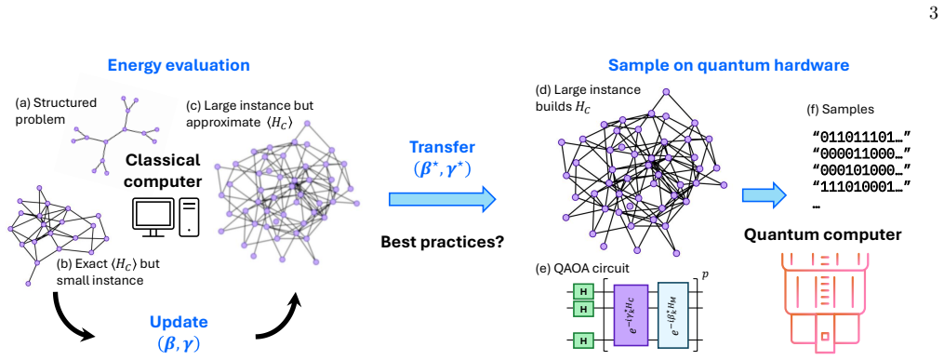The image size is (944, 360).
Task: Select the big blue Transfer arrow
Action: coord(443,199)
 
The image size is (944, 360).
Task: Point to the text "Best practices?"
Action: coord(443,242)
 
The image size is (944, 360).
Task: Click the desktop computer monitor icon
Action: coord(153,218)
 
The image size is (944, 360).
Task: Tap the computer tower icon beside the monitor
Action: coord(189,217)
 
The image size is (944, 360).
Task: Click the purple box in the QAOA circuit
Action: coord(630,314)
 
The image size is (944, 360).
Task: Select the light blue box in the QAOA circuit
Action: coord(675,314)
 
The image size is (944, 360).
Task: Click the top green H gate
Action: coord(582,292)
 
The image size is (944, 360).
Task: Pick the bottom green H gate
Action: coord(582,340)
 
